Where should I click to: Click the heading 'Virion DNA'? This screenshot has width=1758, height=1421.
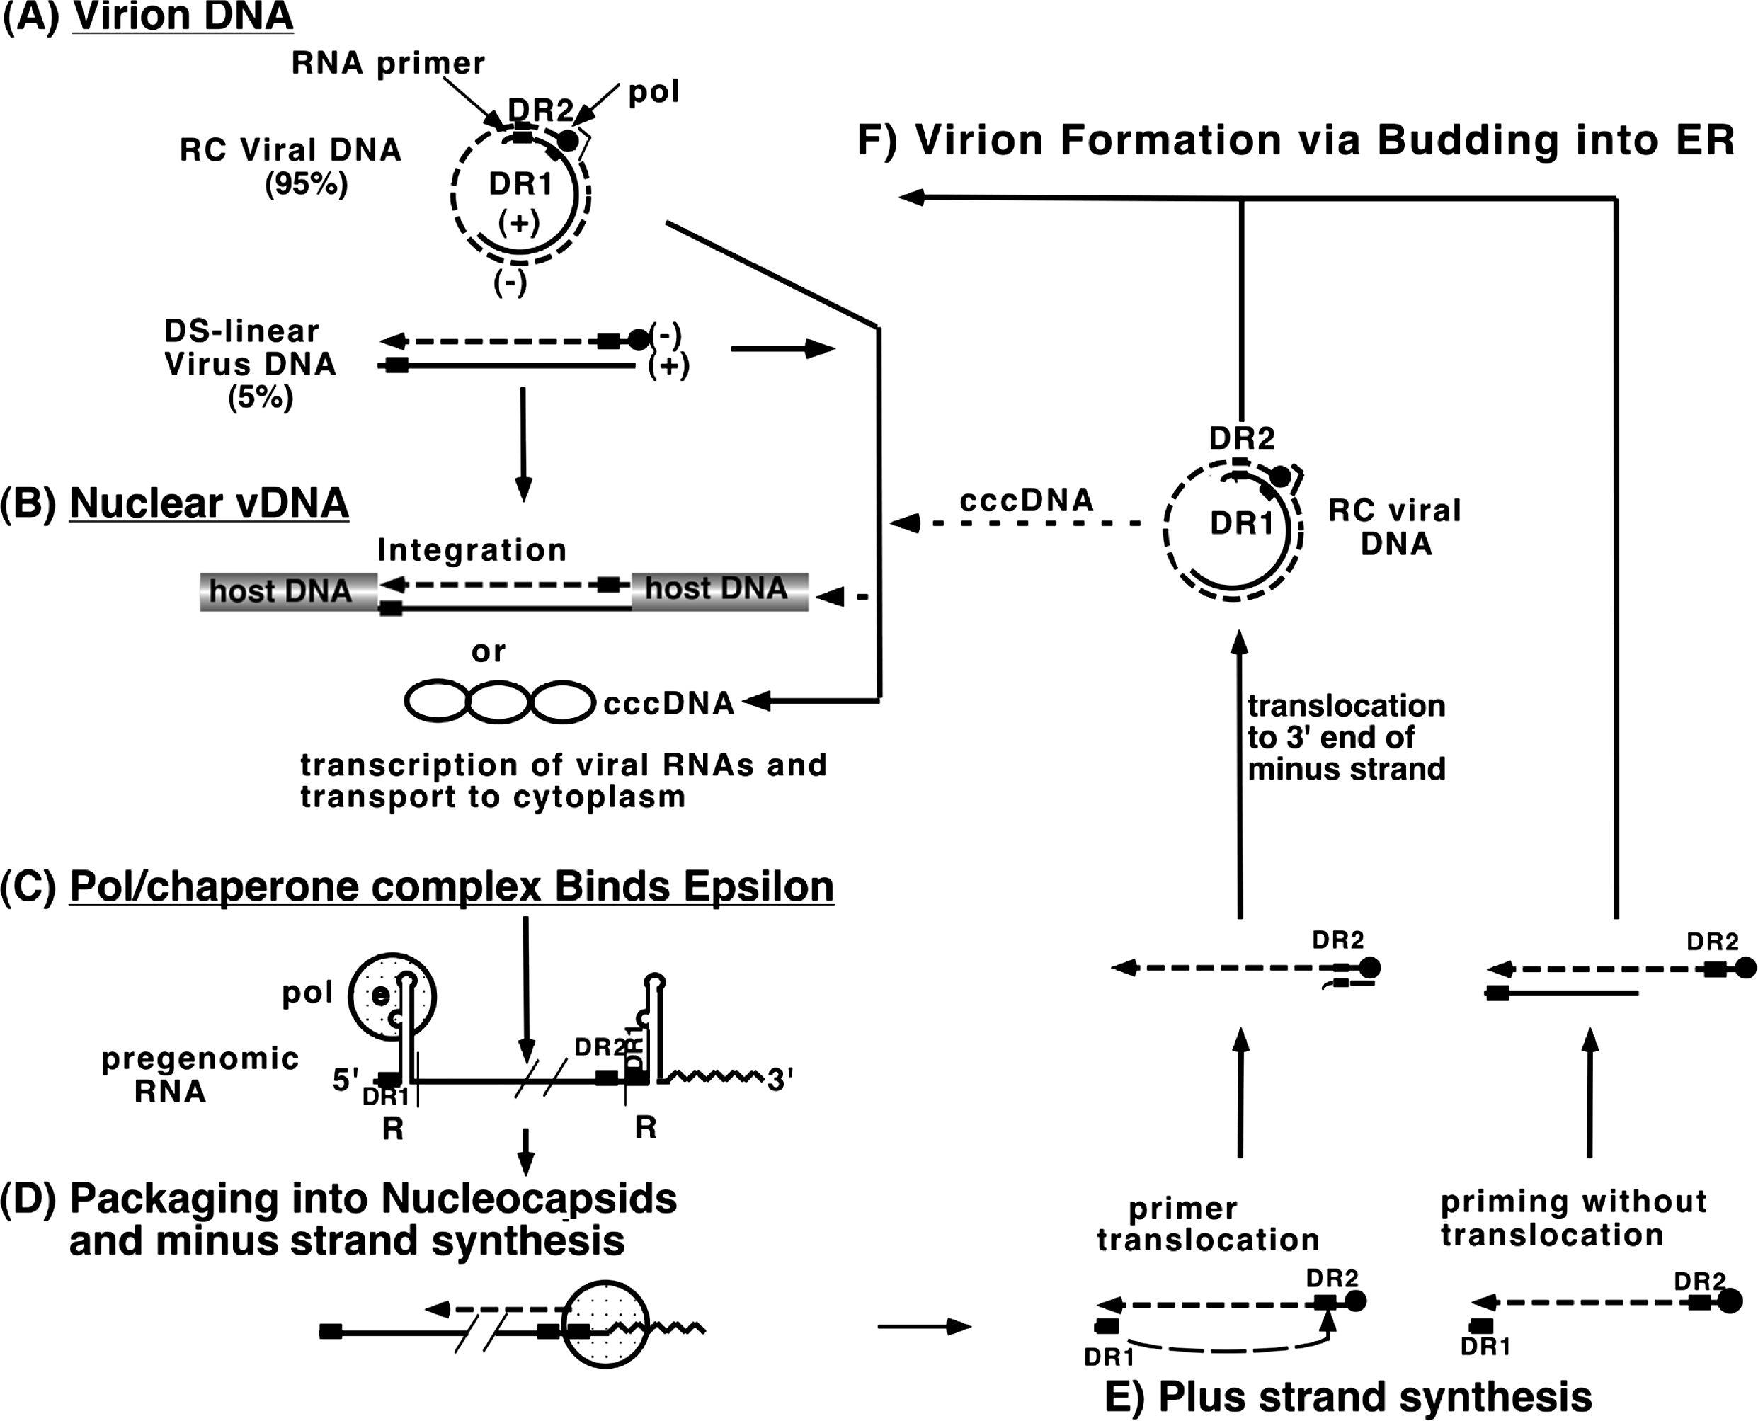point(182,16)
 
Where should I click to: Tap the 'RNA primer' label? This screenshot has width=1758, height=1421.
point(388,64)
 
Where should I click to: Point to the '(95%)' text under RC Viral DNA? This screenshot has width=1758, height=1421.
point(306,185)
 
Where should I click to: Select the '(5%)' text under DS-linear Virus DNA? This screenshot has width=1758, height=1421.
point(261,398)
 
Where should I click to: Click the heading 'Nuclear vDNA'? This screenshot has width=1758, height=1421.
point(209,503)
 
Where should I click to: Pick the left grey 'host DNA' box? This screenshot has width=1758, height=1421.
point(280,591)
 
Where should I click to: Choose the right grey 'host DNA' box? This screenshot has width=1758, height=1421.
point(719,589)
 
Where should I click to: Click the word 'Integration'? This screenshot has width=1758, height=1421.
point(472,550)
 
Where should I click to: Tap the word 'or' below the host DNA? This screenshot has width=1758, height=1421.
point(488,651)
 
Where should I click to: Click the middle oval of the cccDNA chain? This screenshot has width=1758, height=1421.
point(499,702)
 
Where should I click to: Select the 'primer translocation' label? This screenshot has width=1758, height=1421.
point(1208,1225)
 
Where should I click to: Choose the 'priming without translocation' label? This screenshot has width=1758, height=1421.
point(1573,1218)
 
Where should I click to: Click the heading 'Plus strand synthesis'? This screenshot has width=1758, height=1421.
point(1375,1397)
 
